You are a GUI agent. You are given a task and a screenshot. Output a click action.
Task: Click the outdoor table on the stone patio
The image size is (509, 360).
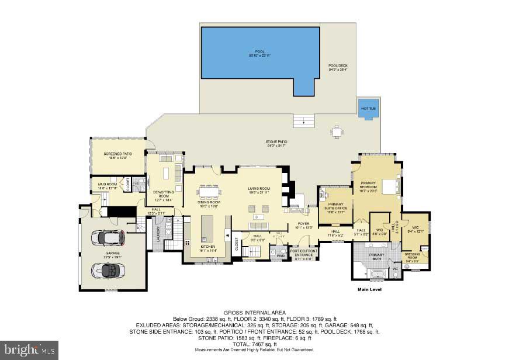[x=336, y=131]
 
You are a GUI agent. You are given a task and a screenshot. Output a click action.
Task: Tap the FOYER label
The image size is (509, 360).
[x=303, y=224]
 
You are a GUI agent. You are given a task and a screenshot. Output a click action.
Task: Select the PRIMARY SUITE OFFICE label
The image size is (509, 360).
[x=333, y=206]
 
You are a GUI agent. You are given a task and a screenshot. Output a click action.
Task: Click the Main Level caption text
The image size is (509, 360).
[x=369, y=289]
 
